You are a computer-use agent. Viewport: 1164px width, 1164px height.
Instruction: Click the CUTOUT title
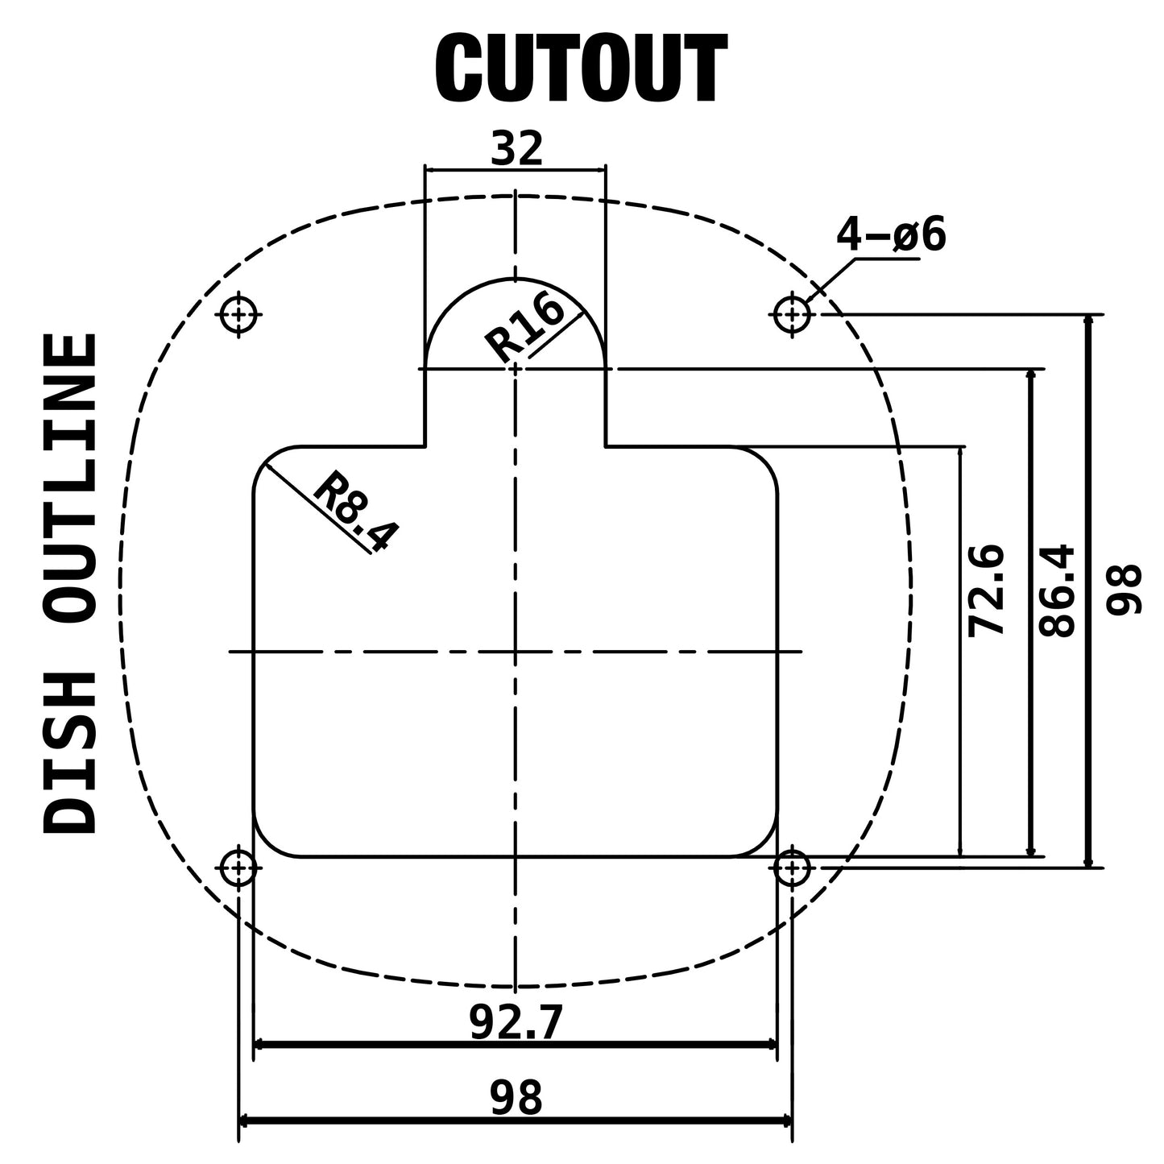[581, 68]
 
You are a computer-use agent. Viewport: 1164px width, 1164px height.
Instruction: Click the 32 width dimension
[516, 148]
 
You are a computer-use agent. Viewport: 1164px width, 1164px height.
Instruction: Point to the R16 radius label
[524, 327]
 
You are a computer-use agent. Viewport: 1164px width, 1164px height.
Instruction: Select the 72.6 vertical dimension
[986, 590]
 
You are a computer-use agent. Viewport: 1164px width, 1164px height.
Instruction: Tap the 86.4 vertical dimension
[1057, 590]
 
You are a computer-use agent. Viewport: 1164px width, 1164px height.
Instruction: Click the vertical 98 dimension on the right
[1124, 590]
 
